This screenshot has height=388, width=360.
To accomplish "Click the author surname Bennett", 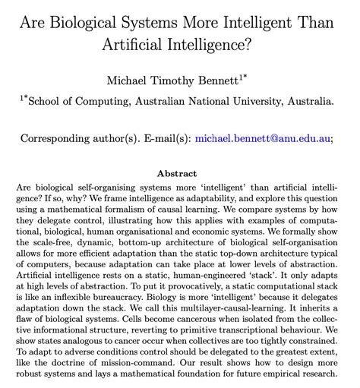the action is click(238, 78).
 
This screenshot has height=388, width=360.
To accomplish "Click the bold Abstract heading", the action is click(179, 173).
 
